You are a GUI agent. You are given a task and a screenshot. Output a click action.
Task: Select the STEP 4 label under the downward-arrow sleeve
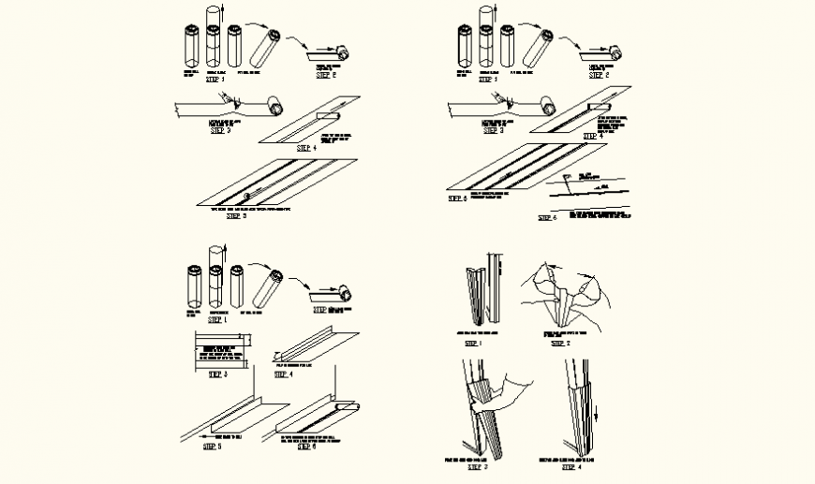(570, 467)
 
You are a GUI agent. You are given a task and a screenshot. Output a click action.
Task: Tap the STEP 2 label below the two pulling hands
(561, 344)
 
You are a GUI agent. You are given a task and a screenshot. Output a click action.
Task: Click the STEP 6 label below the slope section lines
(547, 218)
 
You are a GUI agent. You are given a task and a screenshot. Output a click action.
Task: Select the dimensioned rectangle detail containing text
(222, 353)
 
